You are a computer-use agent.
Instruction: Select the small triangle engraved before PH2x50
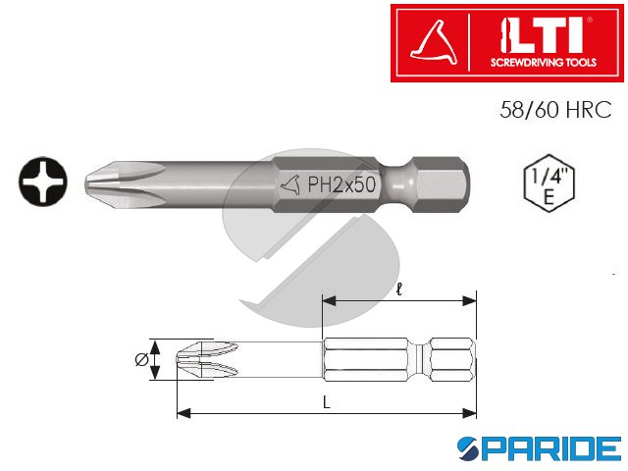point(288,183)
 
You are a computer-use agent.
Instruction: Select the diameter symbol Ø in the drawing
point(139,361)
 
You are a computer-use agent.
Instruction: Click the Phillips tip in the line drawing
point(201,361)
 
